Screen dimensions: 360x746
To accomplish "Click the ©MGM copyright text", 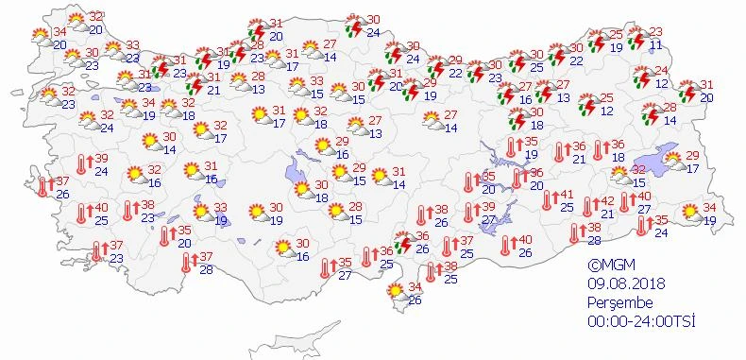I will [610, 266].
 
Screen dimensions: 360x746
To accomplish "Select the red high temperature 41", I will [568, 195].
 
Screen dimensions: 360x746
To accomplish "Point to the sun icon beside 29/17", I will [674, 161].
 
